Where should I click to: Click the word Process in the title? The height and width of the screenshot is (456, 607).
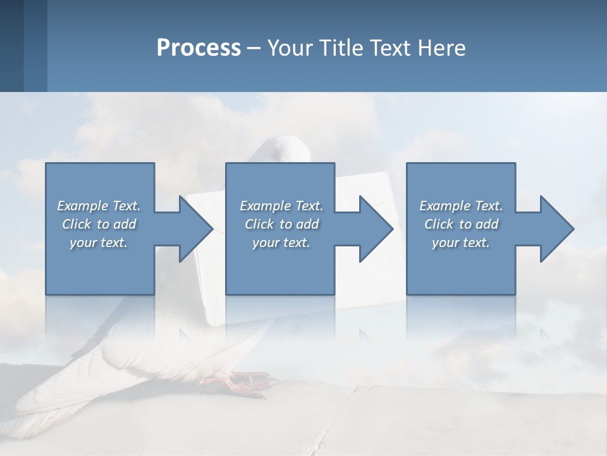coord(199,48)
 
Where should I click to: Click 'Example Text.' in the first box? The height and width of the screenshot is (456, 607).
coord(99,206)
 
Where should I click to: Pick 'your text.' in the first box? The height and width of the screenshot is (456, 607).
coord(99,243)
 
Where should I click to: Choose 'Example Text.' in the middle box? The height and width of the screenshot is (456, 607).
coord(281,206)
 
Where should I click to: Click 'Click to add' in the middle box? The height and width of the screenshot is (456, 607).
coord(281,224)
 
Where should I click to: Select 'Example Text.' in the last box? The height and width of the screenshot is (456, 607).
coord(461,206)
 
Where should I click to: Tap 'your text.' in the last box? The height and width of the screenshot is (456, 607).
coord(461,243)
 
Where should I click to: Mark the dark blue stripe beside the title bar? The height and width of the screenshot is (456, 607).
coord(11,46)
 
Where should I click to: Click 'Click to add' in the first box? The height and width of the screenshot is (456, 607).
coord(99,224)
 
